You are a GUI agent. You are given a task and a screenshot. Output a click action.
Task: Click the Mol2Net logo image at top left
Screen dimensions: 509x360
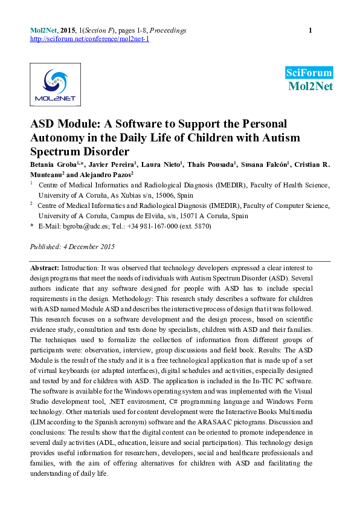[55, 84]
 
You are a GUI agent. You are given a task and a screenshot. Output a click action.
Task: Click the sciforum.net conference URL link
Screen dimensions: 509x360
[89, 39]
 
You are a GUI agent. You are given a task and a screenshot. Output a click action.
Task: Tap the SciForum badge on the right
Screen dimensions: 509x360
[309, 73]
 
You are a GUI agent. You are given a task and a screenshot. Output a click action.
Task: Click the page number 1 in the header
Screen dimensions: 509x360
[310, 30]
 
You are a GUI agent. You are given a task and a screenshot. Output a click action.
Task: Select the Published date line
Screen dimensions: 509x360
[72, 247]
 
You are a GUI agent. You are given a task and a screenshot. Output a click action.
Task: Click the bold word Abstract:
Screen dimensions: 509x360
[45, 267]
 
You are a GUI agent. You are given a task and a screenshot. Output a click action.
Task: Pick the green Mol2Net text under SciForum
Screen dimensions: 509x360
[310, 86]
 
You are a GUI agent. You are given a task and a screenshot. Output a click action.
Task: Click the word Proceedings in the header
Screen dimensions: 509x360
[167, 30]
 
